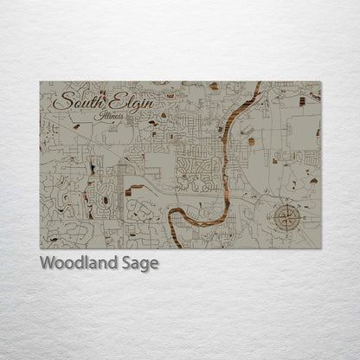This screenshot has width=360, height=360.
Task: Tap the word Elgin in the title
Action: tap(132, 103)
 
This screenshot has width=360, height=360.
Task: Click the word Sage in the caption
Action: tap(139, 264)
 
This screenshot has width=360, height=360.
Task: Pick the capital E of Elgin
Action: tap(115, 102)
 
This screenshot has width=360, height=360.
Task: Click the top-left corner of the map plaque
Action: tap(40, 81)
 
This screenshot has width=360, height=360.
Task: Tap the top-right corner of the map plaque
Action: tap(321, 81)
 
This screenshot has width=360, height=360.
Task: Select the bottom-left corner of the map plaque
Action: tap(40, 249)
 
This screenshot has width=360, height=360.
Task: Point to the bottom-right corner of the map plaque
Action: tap(321, 249)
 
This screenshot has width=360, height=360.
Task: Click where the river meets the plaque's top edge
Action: tap(259, 82)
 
